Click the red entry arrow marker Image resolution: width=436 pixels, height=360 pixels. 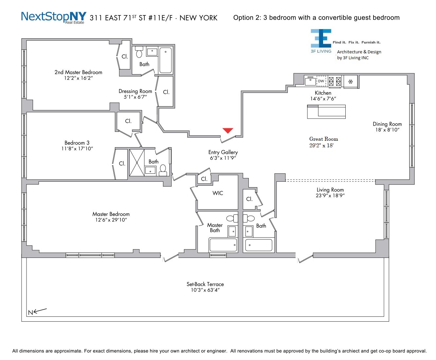click(228, 130)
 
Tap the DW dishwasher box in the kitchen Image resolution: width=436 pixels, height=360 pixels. click(321, 81)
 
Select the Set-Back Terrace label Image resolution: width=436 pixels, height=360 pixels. click(205, 284)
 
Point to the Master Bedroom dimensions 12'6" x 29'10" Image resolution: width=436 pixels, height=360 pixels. click(111, 220)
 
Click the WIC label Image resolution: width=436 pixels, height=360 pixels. click(218, 193)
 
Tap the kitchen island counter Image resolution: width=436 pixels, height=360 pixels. click(326, 112)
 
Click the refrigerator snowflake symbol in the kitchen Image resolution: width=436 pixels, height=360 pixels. click(350, 81)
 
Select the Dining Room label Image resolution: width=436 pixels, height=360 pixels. click(387, 124)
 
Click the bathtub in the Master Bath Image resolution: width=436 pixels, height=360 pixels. click(223, 245)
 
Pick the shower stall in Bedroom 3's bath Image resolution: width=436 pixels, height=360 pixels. click(137, 162)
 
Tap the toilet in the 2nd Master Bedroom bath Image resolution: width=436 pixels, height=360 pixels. click(139, 52)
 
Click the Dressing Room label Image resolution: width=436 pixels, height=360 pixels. click(135, 91)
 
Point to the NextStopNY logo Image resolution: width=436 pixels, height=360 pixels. click(54, 17)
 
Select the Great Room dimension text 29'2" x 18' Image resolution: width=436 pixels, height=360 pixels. click(321, 145)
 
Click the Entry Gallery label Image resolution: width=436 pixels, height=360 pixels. click(223, 152)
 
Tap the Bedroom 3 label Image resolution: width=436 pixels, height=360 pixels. click(77, 143)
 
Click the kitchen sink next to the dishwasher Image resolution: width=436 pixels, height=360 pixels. click(310, 81)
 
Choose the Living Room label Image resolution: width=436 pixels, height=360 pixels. click(330, 190)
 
